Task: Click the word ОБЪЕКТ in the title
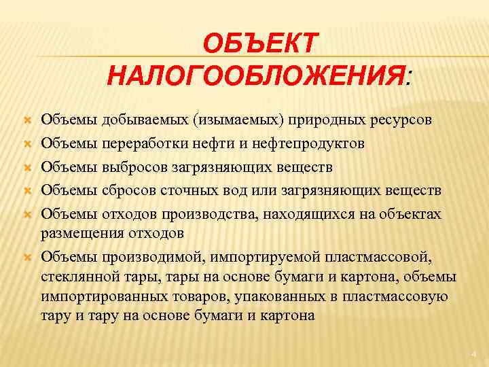259,45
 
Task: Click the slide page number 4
474,354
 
